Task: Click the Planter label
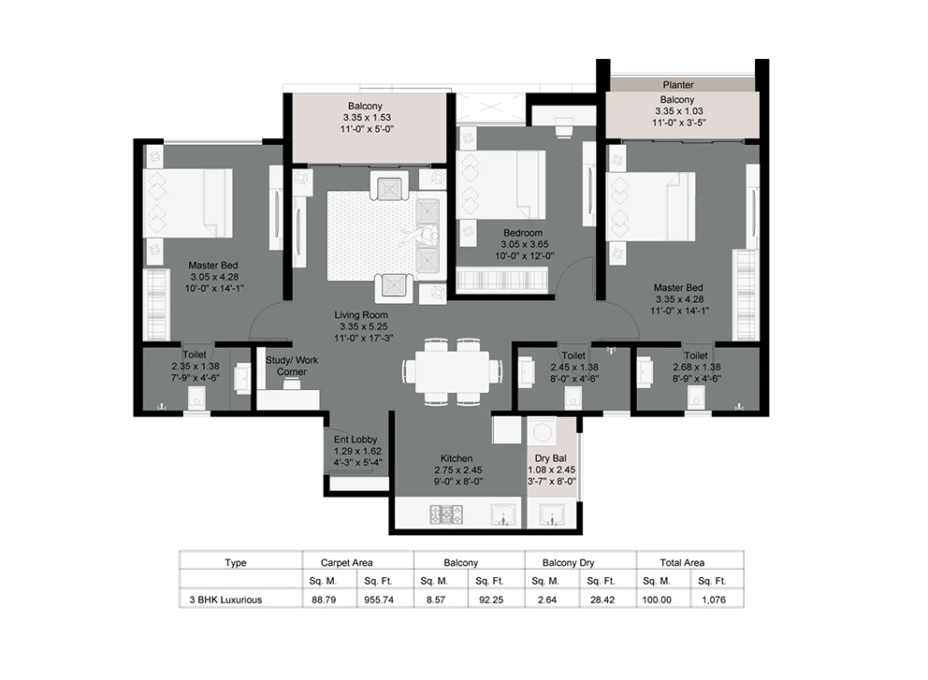coord(678,84)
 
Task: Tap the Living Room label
coord(361,315)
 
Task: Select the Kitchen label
coord(457,458)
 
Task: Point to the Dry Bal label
coord(550,458)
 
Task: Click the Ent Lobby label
coord(355,439)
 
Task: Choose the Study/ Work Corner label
coord(292,366)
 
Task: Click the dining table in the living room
coord(453,371)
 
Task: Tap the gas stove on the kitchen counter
coord(446,514)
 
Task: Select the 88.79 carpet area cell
coord(323,600)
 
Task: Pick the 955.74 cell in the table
coord(379,600)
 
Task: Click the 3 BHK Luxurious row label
coord(225,600)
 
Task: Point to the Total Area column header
coord(682,563)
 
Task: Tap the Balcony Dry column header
coord(568,563)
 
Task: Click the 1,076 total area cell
coord(714,600)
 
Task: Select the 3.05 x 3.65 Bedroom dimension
coord(525,244)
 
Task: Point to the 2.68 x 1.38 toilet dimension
coord(697,367)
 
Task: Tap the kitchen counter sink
coord(503,514)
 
